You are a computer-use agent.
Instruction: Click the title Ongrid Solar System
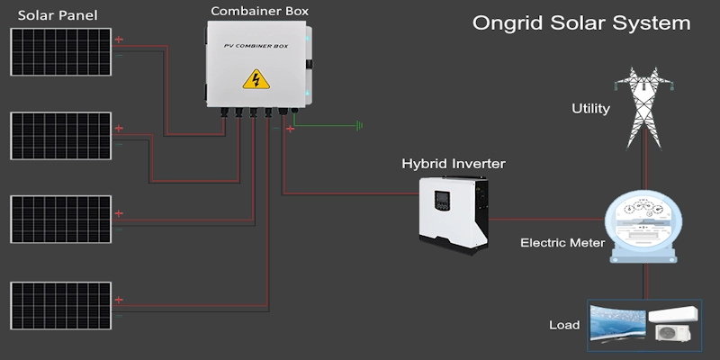click(581, 22)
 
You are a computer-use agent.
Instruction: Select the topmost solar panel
click(61, 52)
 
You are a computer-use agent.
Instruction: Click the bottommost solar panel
click(61, 307)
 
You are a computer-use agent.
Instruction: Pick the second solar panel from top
click(61, 136)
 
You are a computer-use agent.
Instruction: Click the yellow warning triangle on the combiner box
click(256, 81)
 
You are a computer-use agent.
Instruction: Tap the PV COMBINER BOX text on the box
click(256, 45)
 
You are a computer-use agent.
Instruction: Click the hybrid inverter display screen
click(442, 201)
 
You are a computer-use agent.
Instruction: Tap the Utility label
click(591, 109)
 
